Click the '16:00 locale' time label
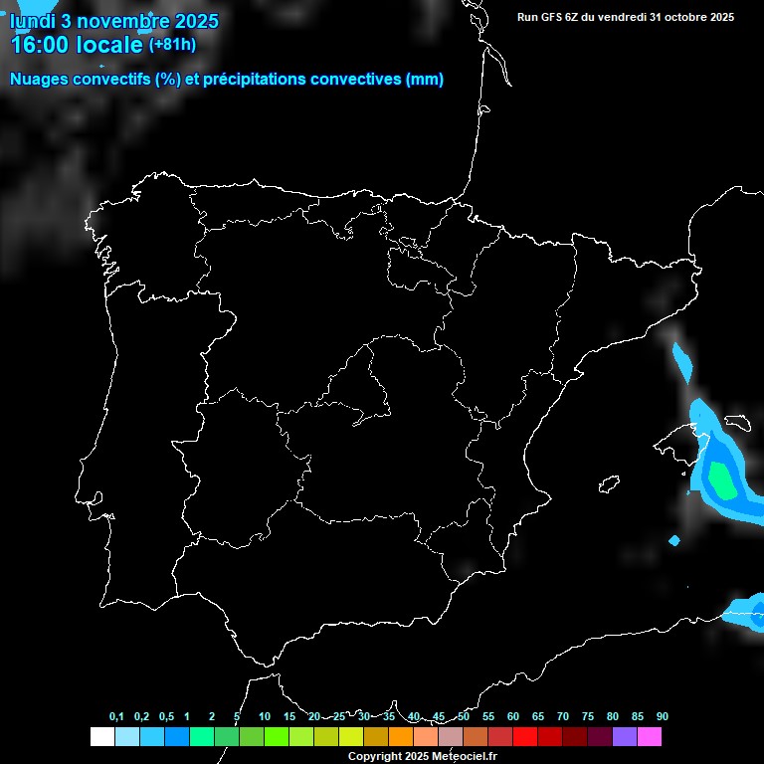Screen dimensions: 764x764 click(77, 45)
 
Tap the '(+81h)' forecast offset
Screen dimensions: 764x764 click(172, 45)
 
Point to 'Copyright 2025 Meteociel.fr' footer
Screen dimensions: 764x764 click(422, 756)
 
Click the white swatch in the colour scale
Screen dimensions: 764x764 click(101, 736)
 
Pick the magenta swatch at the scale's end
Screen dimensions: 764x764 click(650, 736)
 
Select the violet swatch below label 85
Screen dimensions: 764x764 click(625, 736)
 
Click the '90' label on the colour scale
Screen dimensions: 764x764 click(663, 716)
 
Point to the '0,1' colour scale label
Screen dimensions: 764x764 click(116, 716)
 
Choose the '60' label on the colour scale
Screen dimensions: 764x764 click(513, 716)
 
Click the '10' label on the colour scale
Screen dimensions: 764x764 click(264, 716)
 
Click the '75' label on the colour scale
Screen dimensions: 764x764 click(588, 716)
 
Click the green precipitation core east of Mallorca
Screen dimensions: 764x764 click(720, 480)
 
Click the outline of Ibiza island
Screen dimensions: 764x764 click(609, 484)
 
